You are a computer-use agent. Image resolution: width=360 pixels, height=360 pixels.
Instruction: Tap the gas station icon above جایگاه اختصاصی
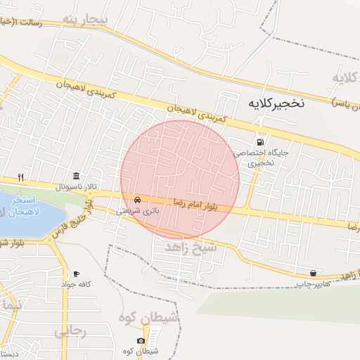click(262, 141)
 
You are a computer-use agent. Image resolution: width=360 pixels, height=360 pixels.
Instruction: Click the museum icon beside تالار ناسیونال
click(75, 176)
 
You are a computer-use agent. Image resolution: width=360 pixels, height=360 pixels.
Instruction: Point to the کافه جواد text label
click(76, 283)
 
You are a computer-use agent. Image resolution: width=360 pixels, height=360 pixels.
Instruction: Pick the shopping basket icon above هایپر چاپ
click(312, 273)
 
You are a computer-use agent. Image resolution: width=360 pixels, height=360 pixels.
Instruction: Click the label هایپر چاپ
click(312, 283)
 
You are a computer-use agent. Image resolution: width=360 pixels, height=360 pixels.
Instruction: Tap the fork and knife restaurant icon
click(22, 177)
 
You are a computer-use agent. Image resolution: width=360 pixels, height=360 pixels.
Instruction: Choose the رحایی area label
click(71, 329)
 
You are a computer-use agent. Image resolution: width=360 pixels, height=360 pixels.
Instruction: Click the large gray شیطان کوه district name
click(150, 317)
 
